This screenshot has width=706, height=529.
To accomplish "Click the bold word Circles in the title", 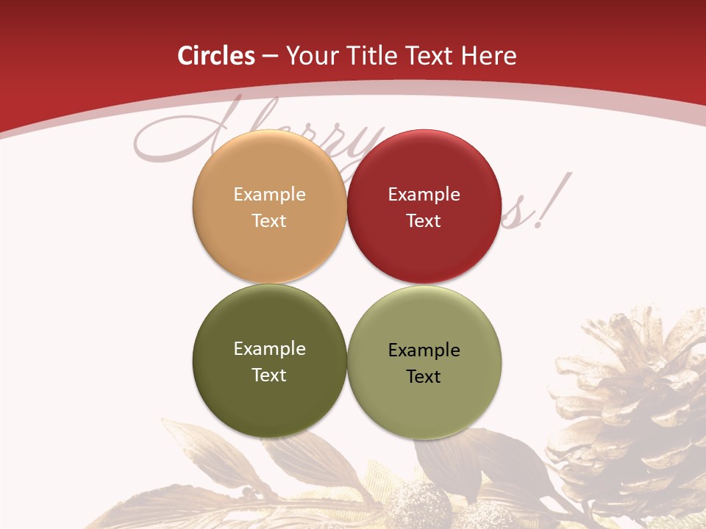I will pyautogui.click(x=215, y=56).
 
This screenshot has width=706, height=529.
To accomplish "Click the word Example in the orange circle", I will pyautogui.click(x=269, y=195).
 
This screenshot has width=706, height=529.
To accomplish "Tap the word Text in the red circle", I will pyautogui.click(x=424, y=221).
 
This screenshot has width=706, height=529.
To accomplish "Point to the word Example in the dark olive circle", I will pyautogui.click(x=269, y=349).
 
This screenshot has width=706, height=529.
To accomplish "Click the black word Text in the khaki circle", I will pyautogui.click(x=424, y=377).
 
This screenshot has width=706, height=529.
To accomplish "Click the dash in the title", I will pyautogui.click(x=269, y=56).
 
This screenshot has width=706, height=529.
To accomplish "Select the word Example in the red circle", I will pyautogui.click(x=424, y=195).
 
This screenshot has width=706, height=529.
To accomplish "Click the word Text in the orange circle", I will pyautogui.click(x=269, y=221).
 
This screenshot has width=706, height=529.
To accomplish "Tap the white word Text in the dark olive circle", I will pyautogui.click(x=269, y=375).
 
